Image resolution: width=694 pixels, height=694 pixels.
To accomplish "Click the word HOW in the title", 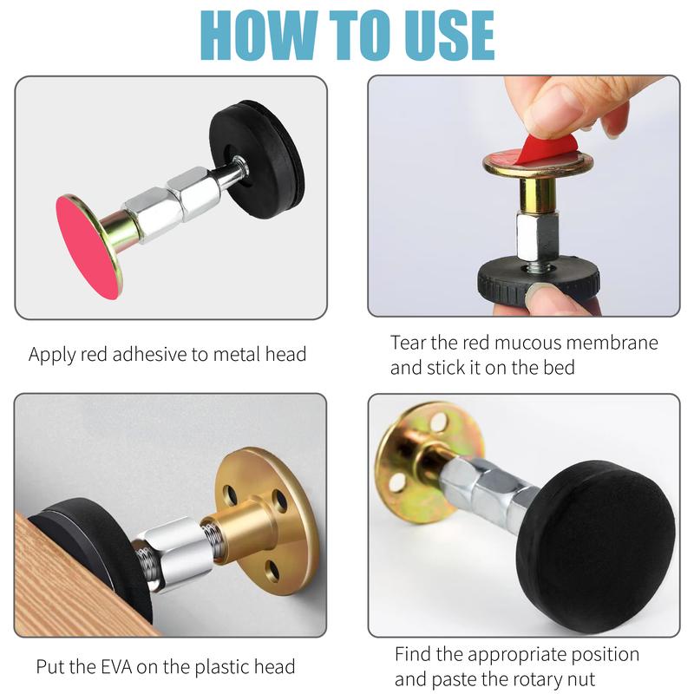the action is pos(258,35).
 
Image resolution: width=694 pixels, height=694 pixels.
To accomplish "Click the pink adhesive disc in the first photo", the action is pos(88,248).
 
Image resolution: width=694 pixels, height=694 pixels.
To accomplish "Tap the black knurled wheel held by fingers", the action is pos(538,281).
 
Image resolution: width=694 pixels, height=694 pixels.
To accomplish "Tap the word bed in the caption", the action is pos(559,368).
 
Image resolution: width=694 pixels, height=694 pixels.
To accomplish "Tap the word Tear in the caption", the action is pos(408,343).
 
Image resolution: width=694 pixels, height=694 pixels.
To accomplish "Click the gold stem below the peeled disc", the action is pos(537,193).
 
